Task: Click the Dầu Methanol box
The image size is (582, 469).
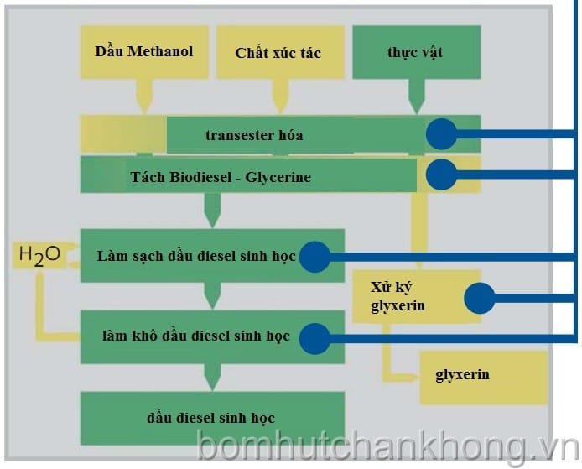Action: [144, 52]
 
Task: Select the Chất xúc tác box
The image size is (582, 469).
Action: [278, 52]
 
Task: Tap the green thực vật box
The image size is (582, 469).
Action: [415, 52]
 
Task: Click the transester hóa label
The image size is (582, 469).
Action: [254, 134]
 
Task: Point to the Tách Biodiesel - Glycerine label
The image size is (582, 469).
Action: [221, 177]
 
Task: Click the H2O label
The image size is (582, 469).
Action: [39, 255]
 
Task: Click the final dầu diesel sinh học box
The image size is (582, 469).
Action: [211, 418]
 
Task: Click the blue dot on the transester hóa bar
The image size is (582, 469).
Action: [441, 134]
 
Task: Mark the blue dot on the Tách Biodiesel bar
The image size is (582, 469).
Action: [441, 175]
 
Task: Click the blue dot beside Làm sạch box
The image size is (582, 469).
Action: [314, 256]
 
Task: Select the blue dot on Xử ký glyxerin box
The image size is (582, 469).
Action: [480, 296]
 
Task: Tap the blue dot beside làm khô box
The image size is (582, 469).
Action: [314, 337]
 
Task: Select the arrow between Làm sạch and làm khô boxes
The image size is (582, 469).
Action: [212, 295]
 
